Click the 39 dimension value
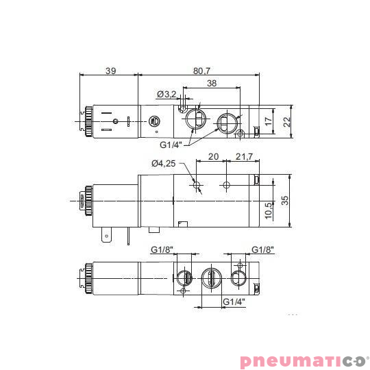(x=110, y=70)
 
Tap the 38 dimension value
(x=212, y=84)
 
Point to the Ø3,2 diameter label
(x=166, y=94)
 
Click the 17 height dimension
(x=269, y=120)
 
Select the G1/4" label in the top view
(x=172, y=145)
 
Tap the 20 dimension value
(x=213, y=157)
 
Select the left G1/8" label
(x=162, y=249)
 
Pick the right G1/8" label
(x=262, y=249)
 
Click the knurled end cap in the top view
(x=87, y=121)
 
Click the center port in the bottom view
(x=212, y=277)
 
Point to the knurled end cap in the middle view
(x=86, y=201)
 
